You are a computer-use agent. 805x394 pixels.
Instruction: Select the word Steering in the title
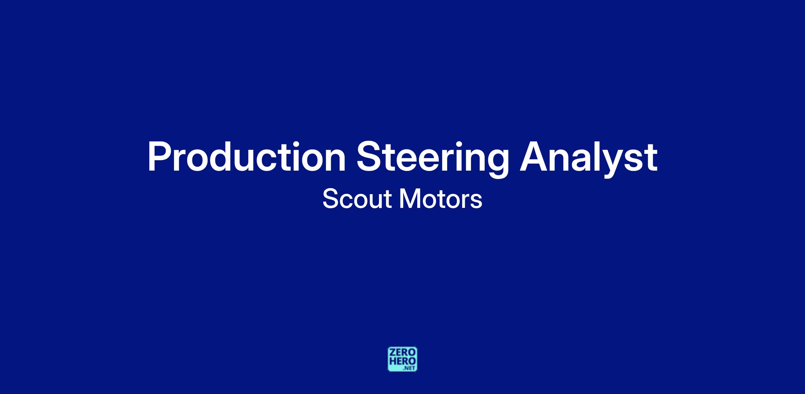click(x=432, y=160)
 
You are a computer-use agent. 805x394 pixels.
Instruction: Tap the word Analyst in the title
click(x=588, y=160)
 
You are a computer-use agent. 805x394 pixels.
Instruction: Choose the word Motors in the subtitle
click(x=441, y=199)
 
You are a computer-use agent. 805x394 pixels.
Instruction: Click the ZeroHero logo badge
click(x=402, y=359)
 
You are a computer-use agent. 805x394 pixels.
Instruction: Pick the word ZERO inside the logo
click(x=402, y=352)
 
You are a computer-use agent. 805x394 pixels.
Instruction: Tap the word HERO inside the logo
click(x=402, y=361)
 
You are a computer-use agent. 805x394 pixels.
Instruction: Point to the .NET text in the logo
click(x=410, y=368)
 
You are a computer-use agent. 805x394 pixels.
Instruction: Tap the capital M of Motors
click(x=409, y=199)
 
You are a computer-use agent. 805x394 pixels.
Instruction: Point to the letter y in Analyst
click(x=610, y=165)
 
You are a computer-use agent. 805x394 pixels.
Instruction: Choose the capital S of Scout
click(x=330, y=199)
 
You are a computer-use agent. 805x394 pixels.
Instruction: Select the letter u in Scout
click(x=375, y=202)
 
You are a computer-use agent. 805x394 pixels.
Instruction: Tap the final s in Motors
click(x=477, y=202)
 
